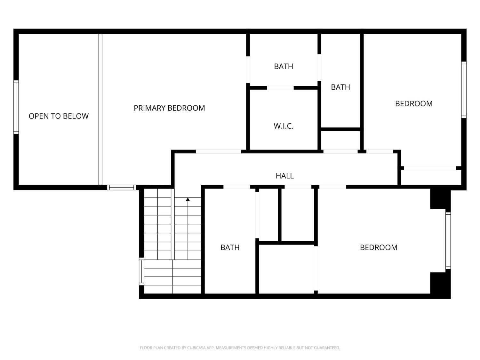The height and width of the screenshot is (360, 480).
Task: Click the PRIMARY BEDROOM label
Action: click(x=169, y=108)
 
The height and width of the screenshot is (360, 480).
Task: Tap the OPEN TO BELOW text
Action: click(x=59, y=116)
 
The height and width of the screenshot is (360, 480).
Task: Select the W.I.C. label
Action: click(x=284, y=126)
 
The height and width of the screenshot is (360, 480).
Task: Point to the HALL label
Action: click(x=284, y=176)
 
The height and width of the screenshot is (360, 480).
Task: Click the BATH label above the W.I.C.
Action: click(x=284, y=67)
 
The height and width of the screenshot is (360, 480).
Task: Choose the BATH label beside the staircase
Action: click(x=230, y=247)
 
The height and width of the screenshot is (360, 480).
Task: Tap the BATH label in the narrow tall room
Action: click(x=340, y=87)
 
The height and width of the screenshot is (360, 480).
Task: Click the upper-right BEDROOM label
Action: click(x=413, y=104)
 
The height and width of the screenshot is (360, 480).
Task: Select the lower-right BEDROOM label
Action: click(x=379, y=247)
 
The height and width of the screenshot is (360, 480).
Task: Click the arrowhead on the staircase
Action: click(x=188, y=200)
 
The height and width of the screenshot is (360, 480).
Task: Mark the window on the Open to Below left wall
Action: click(x=16, y=107)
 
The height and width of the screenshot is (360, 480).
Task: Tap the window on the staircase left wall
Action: click(x=141, y=271)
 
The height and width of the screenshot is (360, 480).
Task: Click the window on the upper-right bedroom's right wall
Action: click(x=463, y=90)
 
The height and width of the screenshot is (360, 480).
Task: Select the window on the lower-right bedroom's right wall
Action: click(x=448, y=241)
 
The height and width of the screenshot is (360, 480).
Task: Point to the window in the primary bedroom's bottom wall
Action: click(x=121, y=188)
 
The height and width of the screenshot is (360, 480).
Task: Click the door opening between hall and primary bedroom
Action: click(x=218, y=152)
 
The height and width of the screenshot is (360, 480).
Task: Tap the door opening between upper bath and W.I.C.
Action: click(x=280, y=88)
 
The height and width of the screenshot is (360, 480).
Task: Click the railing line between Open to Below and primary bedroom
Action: click(x=100, y=109)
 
